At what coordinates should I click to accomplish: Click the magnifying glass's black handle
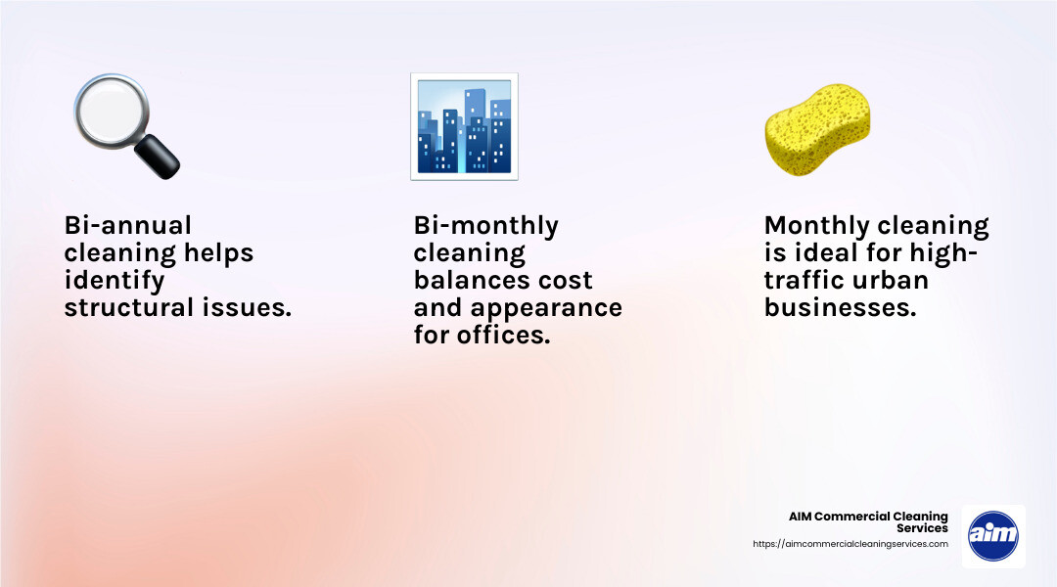click(x=157, y=157)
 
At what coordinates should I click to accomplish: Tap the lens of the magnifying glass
click(x=112, y=110)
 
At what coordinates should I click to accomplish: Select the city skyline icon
click(x=465, y=127)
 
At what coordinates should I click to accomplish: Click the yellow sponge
click(x=817, y=129)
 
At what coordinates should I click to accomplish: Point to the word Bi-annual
click(x=128, y=225)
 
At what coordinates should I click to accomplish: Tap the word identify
click(x=114, y=281)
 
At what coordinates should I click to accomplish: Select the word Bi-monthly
click(x=486, y=226)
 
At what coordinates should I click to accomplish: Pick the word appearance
click(x=546, y=308)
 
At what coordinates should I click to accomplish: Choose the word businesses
click(x=841, y=307)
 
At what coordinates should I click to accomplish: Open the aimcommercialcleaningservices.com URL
click(x=850, y=544)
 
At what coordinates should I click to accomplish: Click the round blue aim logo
click(x=993, y=536)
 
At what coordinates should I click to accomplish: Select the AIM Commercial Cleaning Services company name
click(x=868, y=522)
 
